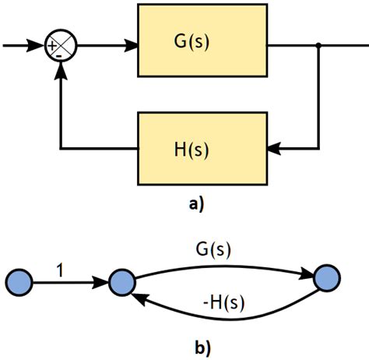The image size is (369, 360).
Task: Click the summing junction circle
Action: coord(61,46)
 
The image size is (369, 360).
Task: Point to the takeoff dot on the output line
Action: coord(319,46)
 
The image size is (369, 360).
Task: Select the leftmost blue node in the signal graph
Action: coord(19,281)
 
